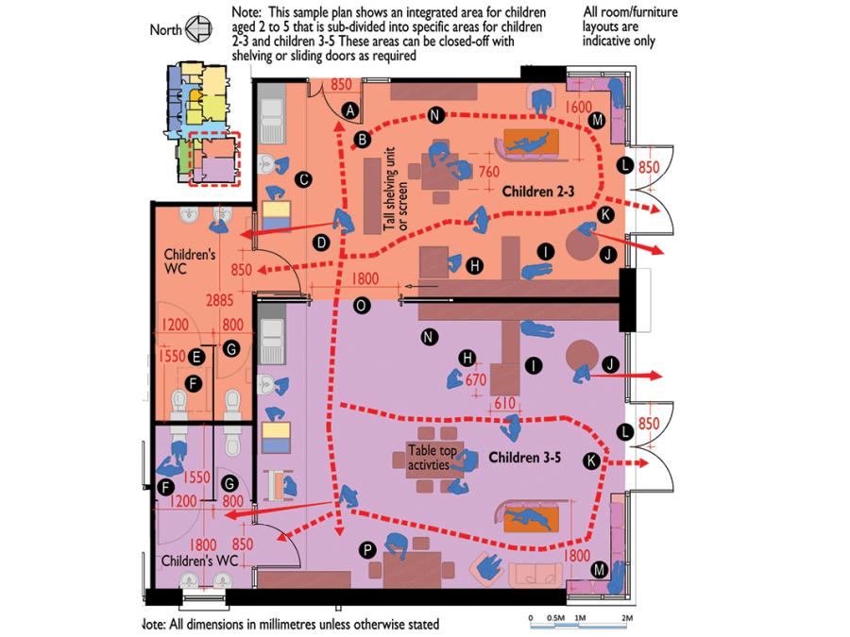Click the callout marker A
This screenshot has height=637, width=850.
tap(350, 109)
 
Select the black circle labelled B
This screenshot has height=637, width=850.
tap(361, 141)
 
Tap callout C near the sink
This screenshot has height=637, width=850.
tap(304, 179)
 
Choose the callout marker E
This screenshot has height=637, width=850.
tap(195, 357)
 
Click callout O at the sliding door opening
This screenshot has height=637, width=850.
tap(359, 305)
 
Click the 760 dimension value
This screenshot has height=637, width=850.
tap(488, 173)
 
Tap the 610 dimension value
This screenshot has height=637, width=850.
tap(504, 402)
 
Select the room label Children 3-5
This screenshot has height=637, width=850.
tap(524, 458)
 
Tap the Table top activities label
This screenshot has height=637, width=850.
tap(430, 458)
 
